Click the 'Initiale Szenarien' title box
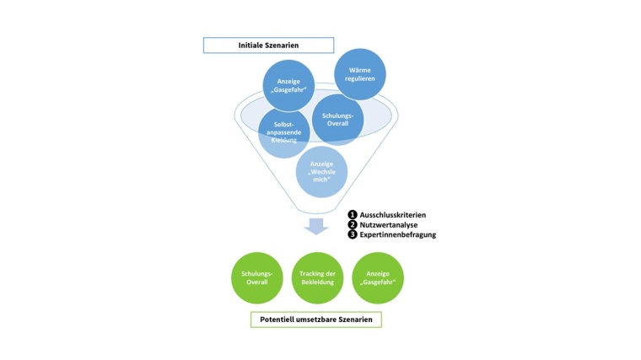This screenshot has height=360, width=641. (x=268, y=45)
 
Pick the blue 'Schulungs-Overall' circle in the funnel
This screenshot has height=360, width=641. (x=338, y=117)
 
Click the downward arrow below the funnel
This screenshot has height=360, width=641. (x=317, y=225)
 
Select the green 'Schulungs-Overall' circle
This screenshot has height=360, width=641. (x=256, y=278)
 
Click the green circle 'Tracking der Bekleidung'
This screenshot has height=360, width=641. (x=316, y=278)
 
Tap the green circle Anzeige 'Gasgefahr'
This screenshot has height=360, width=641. (x=377, y=278)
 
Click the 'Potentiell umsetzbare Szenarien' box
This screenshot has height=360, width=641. (x=315, y=320)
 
